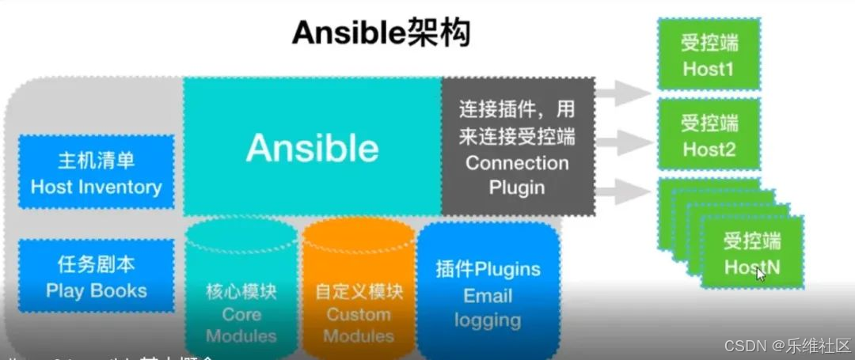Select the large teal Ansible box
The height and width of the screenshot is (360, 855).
point(312,146)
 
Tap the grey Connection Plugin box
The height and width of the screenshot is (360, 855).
point(517,146)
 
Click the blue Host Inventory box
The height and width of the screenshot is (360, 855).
point(96,172)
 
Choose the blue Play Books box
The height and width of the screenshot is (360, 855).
point(96,276)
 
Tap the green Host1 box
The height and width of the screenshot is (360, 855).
point(709,54)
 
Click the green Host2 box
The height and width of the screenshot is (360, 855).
point(709,134)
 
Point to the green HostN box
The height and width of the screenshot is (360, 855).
point(751,252)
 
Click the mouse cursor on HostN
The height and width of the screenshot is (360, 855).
point(761,274)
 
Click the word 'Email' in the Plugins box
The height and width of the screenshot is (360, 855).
point(488,296)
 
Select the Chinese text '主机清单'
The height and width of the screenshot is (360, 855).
point(96,161)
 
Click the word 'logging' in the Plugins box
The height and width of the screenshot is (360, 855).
point(488,320)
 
